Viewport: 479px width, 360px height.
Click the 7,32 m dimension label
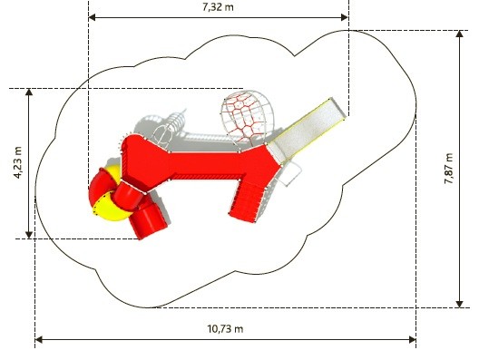[x=218, y=6]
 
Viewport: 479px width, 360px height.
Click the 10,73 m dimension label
[x=226, y=329]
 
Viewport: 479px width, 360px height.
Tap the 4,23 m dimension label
[x=18, y=162]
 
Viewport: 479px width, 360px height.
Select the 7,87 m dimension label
[x=448, y=169]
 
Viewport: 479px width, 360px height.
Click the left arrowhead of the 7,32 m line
[x=93, y=17]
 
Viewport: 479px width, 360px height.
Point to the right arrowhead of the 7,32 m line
[x=345, y=17]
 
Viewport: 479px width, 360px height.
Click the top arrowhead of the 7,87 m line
[x=459, y=34]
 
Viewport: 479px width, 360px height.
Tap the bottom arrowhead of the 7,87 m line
[x=459, y=304]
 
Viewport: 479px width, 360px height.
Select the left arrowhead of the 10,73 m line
[x=39, y=339]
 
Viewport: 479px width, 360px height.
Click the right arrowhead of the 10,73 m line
[x=412, y=339]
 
